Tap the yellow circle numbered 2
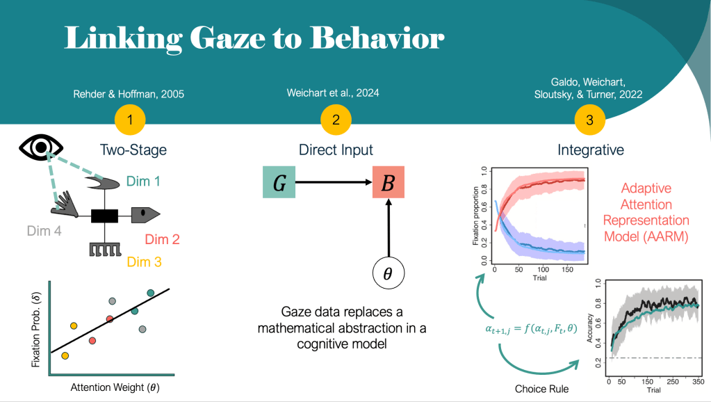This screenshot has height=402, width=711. click(336, 120)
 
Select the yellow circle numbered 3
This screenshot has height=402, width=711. click(590, 120)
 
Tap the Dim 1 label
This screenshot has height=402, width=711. click(143, 182)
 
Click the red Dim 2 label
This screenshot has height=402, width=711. click(163, 239)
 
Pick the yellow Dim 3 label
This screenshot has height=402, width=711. click(145, 262)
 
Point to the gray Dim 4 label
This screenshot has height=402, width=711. click(44, 230)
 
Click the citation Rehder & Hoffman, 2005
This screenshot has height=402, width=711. click(129, 94)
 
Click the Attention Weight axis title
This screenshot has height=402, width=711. click(112, 387)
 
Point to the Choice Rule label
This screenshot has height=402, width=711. click(541, 388)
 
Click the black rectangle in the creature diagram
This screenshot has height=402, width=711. click(108, 216)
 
